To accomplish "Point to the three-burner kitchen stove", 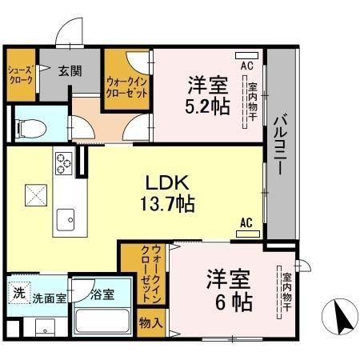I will [62, 165].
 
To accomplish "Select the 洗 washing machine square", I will [18, 293].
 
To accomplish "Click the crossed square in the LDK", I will [35, 194].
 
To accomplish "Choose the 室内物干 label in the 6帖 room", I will [286, 293].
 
